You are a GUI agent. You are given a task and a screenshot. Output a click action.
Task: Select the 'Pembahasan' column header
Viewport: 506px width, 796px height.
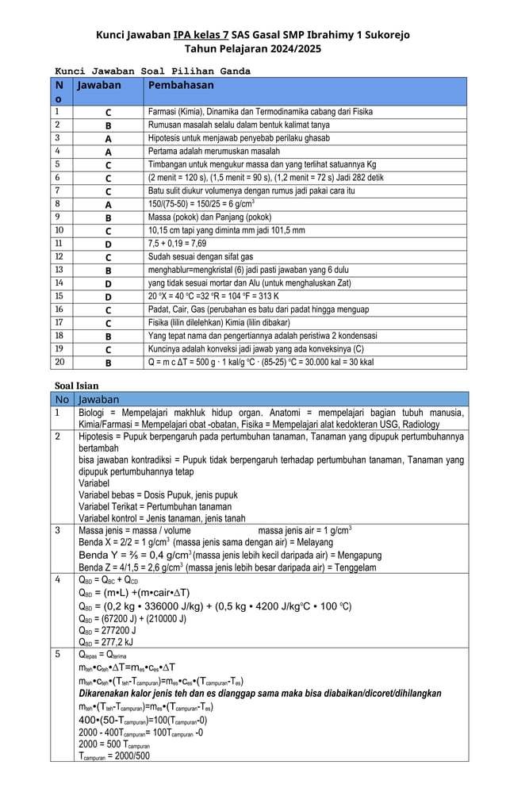click(x=180, y=85)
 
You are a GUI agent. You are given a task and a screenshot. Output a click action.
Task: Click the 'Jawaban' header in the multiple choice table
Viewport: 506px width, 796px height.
click(x=98, y=85)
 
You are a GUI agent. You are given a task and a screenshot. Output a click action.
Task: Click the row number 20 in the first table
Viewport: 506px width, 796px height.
click(x=59, y=362)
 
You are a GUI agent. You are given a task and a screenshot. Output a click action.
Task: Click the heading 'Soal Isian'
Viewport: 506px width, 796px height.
click(x=76, y=386)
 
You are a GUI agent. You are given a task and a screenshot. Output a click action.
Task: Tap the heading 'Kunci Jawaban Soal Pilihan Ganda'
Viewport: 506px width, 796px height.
click(x=151, y=71)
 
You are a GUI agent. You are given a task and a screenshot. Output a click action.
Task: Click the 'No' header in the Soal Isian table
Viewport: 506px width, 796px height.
click(x=62, y=399)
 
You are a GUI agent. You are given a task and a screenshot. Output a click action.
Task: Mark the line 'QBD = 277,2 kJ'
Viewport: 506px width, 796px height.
click(x=106, y=642)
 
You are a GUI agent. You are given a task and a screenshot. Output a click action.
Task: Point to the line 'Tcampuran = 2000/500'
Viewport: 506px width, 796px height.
click(x=114, y=755)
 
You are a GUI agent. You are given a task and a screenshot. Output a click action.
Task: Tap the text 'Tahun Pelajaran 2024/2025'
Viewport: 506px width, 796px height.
click(x=252, y=48)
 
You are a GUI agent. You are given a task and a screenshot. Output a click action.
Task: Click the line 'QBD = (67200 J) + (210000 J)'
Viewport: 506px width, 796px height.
click(x=132, y=618)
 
